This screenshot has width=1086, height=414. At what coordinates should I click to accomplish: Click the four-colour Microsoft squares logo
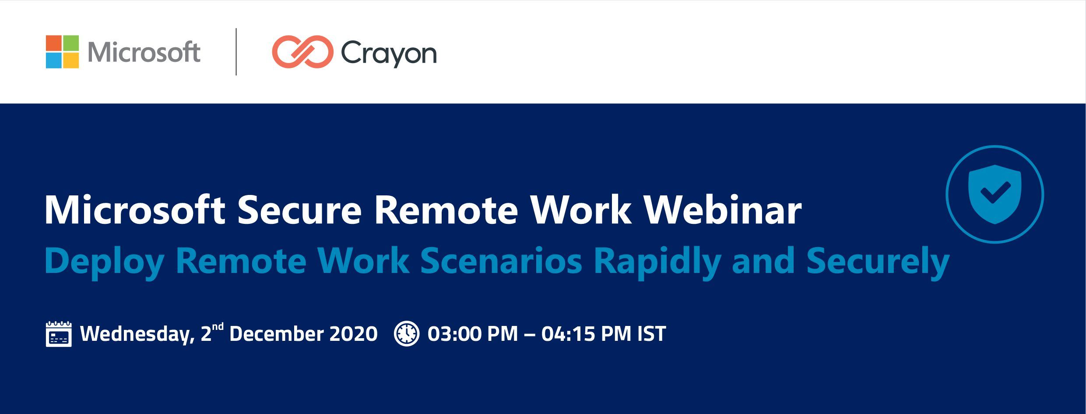[x=62, y=52]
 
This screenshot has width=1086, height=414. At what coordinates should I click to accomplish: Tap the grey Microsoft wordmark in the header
[x=144, y=52]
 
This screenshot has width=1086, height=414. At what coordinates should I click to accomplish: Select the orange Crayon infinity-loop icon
[x=302, y=52]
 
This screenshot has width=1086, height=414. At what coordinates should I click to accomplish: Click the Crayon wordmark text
[x=389, y=54]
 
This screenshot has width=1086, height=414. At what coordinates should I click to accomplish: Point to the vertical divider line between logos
[x=236, y=52]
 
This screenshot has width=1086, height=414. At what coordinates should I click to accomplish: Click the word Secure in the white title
[x=299, y=210]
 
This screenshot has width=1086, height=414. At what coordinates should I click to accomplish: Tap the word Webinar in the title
[x=723, y=210]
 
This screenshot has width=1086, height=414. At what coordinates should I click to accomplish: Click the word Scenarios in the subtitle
[x=501, y=261]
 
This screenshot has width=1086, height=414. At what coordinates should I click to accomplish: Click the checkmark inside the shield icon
[x=995, y=192]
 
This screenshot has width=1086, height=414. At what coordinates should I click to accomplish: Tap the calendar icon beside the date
[x=59, y=334]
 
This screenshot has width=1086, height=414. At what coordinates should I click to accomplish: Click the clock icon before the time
[x=407, y=334]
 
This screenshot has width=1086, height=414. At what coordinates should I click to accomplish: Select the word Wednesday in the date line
[x=137, y=334]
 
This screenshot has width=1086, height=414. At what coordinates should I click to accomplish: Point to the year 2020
[x=353, y=334]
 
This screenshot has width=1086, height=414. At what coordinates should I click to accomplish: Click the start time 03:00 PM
[x=473, y=334]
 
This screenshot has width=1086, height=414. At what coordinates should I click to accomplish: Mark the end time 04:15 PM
[x=587, y=334]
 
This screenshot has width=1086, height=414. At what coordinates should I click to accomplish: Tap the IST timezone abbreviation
[x=651, y=334]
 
